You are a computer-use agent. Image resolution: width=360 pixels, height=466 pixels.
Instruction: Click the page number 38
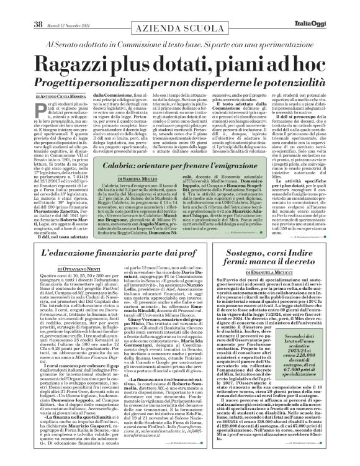[x=20, y=7]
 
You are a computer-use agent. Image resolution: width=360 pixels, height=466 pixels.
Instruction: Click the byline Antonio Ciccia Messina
[x=64, y=97]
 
